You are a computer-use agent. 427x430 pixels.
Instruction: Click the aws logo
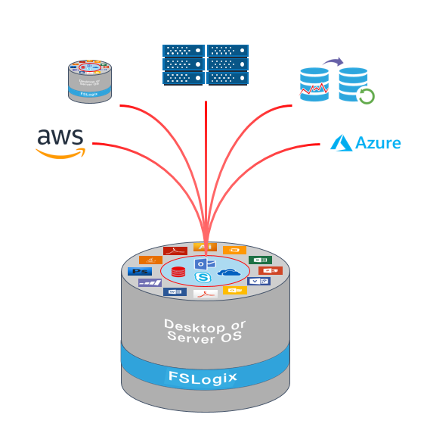60,142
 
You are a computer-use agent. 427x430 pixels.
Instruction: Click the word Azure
377,142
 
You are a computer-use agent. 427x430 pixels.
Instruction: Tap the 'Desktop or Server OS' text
205,330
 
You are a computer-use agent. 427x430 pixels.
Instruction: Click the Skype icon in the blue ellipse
203,278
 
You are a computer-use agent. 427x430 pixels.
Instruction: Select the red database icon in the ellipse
178,271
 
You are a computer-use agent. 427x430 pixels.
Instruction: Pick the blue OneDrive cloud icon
229,272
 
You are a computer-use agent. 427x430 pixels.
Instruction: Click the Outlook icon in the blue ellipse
203,263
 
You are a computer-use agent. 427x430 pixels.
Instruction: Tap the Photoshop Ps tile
141,270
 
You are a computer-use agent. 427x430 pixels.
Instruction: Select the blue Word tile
175,291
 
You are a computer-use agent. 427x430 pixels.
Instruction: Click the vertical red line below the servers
206,151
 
